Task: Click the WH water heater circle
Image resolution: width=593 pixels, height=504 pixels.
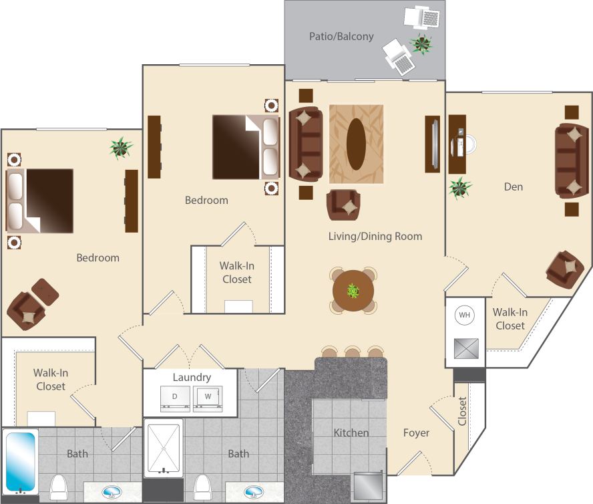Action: [465, 315]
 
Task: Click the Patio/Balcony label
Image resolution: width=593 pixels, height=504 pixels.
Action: [341, 36]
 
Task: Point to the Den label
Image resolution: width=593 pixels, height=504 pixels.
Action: [513, 186]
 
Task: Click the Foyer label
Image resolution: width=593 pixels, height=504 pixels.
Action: [416, 432]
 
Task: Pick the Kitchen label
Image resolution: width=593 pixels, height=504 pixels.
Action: [351, 432]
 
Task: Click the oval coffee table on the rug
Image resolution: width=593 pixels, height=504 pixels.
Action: [356, 144]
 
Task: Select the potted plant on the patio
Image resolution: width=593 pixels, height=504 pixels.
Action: [421, 44]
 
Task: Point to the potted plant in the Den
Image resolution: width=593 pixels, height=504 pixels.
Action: [460, 188]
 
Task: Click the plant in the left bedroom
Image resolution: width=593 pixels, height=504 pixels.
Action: [120, 148]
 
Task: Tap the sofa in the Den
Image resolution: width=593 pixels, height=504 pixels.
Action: [572, 161]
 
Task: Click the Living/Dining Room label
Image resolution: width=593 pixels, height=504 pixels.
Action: [375, 236]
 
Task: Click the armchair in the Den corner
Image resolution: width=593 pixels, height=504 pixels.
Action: [564, 269]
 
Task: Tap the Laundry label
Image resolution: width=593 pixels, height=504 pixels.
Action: [192, 377]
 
